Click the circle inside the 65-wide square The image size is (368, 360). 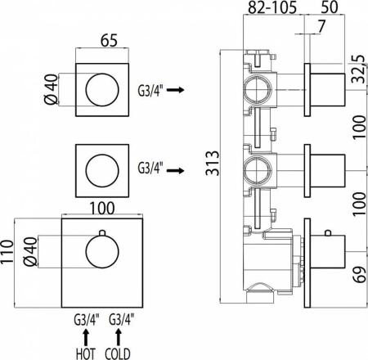coord(105,85)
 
